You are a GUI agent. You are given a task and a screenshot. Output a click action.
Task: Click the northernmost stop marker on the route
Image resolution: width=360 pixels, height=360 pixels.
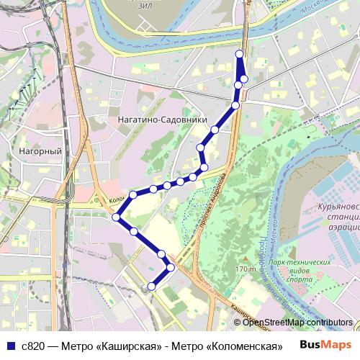coord(239,54)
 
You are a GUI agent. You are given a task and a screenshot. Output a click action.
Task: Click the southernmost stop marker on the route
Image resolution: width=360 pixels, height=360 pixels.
coord(151,287)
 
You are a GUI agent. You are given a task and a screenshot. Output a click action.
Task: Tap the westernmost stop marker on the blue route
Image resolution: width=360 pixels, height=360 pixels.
coord(116,216)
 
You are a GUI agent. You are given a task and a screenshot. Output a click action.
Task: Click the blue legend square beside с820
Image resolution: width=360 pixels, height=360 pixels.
coord(11,346)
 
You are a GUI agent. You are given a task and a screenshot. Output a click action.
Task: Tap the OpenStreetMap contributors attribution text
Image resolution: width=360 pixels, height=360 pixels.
coord(298,323)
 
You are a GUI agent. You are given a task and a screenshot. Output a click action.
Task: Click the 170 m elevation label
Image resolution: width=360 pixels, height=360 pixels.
coord(246,269)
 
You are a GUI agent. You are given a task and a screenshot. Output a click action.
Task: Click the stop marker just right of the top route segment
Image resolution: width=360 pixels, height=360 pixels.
coord(244,78)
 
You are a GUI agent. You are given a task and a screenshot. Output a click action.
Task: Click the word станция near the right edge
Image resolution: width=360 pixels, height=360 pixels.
coord(340,216)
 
